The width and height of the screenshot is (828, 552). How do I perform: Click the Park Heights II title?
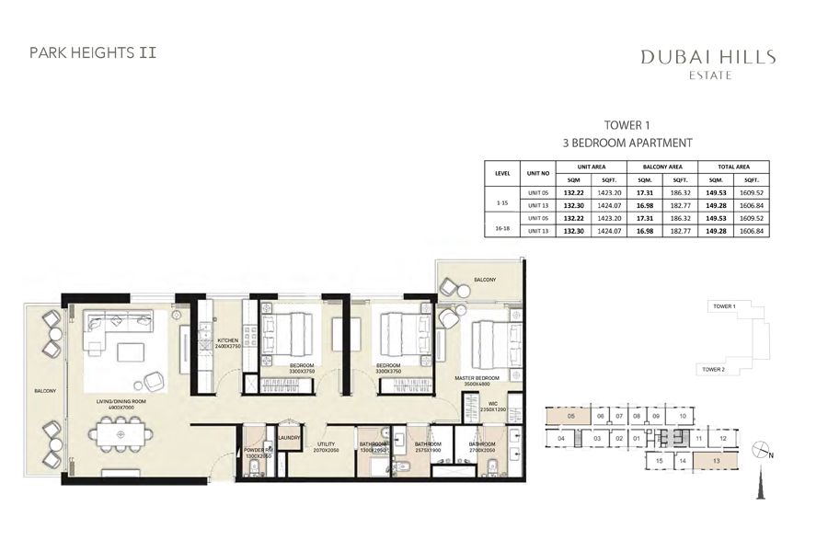pyautogui.click(x=93, y=52)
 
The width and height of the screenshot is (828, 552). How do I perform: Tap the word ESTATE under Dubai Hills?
pyautogui.click(x=707, y=75)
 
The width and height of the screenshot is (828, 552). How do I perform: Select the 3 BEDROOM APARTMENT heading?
pyautogui.click(x=627, y=144)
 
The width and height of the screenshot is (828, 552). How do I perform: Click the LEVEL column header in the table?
pyautogui.click(x=502, y=172)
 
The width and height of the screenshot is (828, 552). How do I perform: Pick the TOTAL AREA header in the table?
pyautogui.click(x=734, y=166)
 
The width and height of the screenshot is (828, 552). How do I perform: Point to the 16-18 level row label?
pyautogui.click(x=502, y=224)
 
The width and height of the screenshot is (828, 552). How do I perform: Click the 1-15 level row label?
pyautogui.click(x=502, y=198)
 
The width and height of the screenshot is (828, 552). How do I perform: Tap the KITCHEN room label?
pyautogui.click(x=227, y=342)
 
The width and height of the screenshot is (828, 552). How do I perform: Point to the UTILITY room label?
pyautogui.click(x=326, y=445)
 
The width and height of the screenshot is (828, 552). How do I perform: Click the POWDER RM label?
pyautogui.click(x=257, y=452)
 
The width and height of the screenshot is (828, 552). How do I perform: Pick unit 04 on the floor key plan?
pyautogui.click(x=560, y=439)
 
